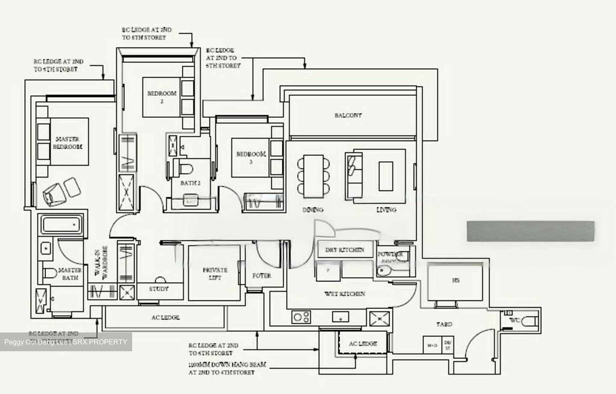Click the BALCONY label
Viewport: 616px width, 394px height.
click(x=348, y=115)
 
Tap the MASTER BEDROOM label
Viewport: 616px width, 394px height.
click(x=68, y=143)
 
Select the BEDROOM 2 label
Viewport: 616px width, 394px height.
click(x=162, y=97)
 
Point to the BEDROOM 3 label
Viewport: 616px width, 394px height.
click(x=251, y=157)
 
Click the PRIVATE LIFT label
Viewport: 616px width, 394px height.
click(x=215, y=274)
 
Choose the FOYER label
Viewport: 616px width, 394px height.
click(x=261, y=276)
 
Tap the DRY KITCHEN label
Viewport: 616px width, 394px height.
click(x=345, y=250)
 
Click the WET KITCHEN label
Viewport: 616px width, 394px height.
click(x=345, y=294)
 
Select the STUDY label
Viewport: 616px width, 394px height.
click(x=159, y=289)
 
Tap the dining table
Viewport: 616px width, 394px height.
click(x=314, y=176)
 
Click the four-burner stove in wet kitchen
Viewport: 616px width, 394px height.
click(x=301, y=317)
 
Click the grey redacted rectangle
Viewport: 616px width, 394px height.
click(x=530, y=231)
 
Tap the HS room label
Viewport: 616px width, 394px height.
click(x=456, y=281)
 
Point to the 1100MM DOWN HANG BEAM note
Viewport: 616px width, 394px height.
click(x=227, y=368)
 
